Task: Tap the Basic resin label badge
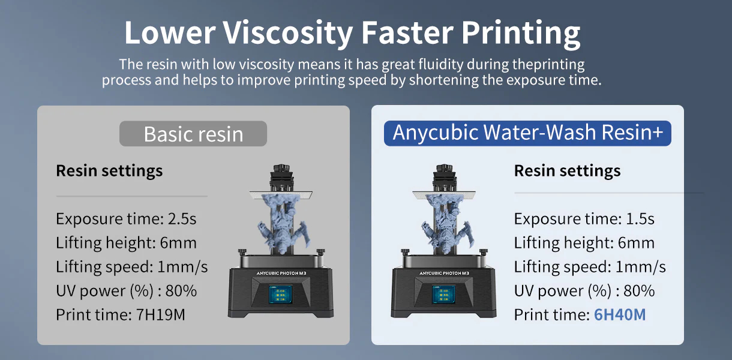[x=193, y=134]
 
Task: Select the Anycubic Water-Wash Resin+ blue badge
[x=527, y=133]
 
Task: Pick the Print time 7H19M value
[x=160, y=314]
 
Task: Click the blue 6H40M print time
[x=619, y=314]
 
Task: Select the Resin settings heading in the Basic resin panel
[x=109, y=171]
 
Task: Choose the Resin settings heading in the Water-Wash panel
[x=567, y=171]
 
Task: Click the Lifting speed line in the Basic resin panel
[x=132, y=267]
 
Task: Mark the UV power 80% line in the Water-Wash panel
[x=584, y=291]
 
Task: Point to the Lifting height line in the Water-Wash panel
[x=584, y=243]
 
